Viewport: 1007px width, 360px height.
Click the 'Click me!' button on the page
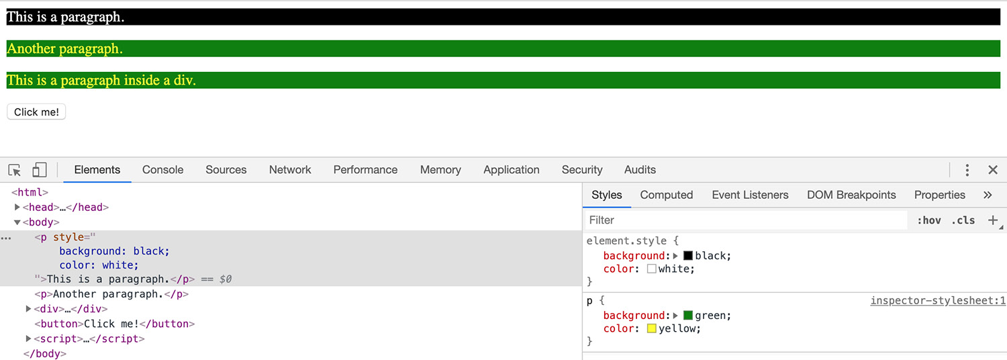coord(36,112)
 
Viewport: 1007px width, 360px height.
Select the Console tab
coord(162,170)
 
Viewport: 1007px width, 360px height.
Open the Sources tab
coord(226,170)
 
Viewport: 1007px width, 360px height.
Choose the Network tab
coord(290,170)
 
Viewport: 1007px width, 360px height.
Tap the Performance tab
coord(365,170)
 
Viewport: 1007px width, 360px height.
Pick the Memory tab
coord(440,170)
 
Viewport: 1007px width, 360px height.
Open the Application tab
coord(511,170)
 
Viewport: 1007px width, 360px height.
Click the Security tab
coord(582,170)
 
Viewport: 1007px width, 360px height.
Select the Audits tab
coord(640,170)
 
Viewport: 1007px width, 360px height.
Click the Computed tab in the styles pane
coord(666,195)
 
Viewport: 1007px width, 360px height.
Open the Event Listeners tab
coord(750,195)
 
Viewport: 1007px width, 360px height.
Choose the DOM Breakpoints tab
coord(851,195)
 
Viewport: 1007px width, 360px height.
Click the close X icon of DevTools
coord(993,170)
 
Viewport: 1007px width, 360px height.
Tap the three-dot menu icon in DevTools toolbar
coord(967,170)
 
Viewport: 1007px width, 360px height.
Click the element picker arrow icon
coord(14,170)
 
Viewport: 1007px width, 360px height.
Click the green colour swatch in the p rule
coord(688,315)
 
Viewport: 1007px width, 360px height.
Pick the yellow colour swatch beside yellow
coord(651,328)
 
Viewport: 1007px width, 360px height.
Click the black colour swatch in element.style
coord(688,256)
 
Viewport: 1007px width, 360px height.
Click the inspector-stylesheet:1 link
coord(938,301)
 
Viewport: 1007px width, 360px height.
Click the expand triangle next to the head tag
coord(17,207)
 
